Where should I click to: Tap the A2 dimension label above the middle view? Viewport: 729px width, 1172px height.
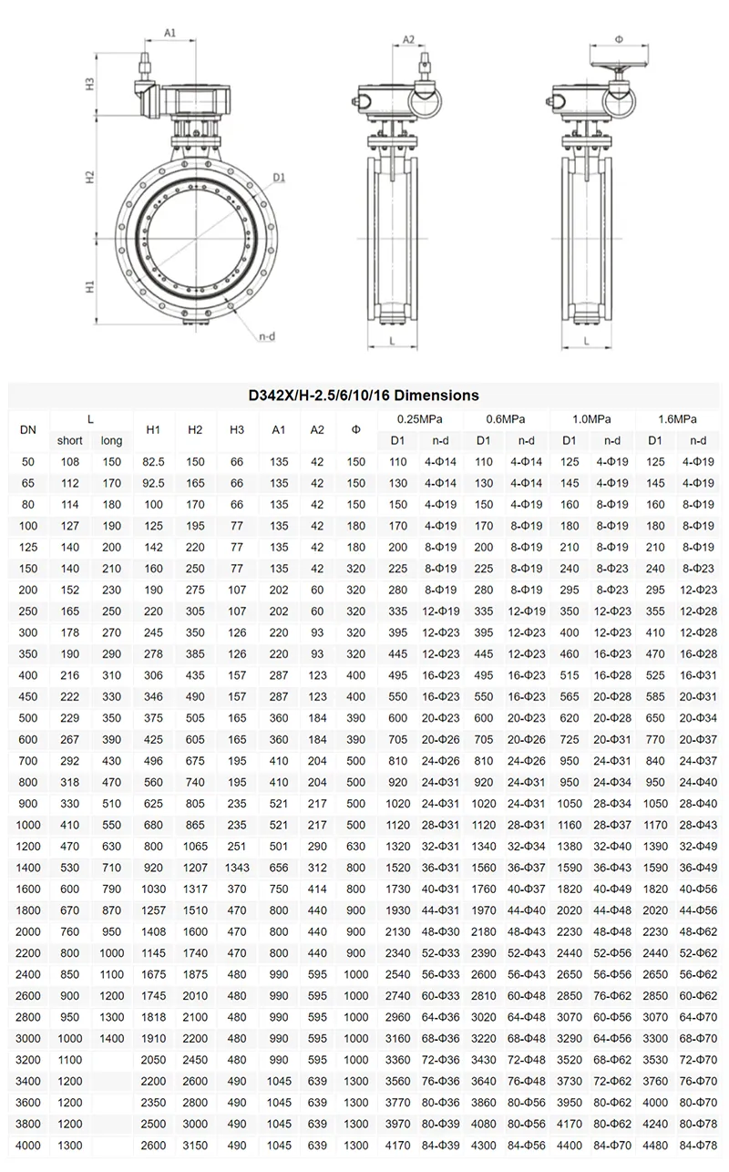pyautogui.click(x=408, y=39)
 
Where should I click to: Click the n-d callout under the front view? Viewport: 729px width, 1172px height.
pyautogui.click(x=266, y=336)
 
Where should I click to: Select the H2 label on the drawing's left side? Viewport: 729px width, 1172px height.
pyautogui.click(x=91, y=176)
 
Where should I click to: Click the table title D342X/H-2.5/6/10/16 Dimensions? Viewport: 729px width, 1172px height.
pyautogui.click(x=364, y=396)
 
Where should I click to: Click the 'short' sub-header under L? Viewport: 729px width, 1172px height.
pyautogui.click(x=70, y=441)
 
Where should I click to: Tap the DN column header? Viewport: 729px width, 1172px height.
pyautogui.click(x=28, y=429)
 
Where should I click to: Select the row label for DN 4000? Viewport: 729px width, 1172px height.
pyautogui.click(x=28, y=1145)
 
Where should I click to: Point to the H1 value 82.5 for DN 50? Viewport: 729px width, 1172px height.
pyautogui.click(x=152, y=463)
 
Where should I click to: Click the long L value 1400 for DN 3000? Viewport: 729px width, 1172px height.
pyautogui.click(x=112, y=1039)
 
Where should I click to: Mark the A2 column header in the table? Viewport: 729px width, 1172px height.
pyautogui.click(x=317, y=429)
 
